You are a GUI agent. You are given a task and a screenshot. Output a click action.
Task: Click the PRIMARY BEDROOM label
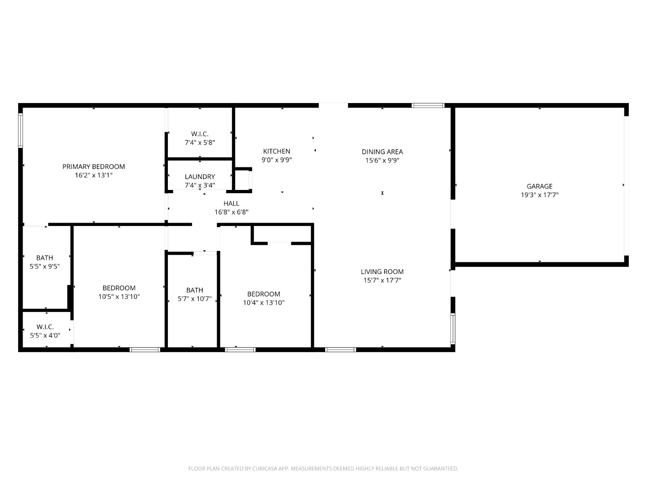tap(93, 167)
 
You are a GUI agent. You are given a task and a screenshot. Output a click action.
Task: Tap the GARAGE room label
tap(539, 186)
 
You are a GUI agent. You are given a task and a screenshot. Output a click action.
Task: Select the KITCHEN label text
tap(277, 151)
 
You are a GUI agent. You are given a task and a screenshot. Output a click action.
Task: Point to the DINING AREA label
tap(382, 152)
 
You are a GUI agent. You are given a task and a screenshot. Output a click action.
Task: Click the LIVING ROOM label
tap(382, 272)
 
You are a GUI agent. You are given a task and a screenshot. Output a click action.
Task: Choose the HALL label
tap(231, 203)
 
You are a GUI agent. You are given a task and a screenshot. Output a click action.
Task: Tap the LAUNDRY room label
tap(200, 176)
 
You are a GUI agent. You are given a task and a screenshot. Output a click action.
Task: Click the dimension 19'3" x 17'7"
tap(539, 195)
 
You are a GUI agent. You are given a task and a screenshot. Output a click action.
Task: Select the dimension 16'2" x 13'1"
tap(93, 175)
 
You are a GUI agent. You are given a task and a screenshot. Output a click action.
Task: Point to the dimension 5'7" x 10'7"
tap(195, 299)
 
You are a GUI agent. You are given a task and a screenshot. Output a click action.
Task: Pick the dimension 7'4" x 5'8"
tap(200, 143)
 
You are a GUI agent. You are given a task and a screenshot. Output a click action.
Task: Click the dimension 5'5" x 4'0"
tap(45, 335)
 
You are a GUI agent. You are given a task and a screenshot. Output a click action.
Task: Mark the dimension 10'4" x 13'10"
tap(264, 302)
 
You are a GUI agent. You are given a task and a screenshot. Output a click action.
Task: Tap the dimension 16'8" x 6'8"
tap(231, 212)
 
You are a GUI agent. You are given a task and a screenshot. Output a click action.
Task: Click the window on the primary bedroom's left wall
tap(20, 131)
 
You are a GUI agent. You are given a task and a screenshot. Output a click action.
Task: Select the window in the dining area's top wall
tap(428, 105)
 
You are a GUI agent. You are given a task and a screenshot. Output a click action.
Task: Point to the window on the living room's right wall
tap(453, 329)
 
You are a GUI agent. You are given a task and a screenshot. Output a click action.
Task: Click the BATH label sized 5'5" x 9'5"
tap(44, 258)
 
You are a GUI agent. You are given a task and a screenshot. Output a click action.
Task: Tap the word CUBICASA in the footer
tap(264, 468)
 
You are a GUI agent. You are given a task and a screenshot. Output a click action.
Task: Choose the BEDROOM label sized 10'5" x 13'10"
tap(119, 288)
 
